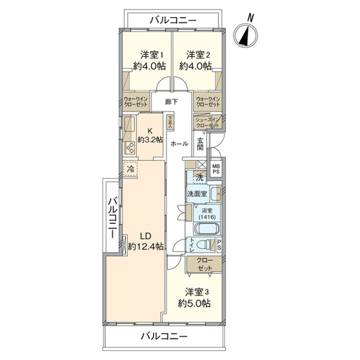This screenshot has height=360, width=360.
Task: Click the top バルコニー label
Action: pyautogui.click(x=172, y=20)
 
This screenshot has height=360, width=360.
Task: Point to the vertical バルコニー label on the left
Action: pyautogui.click(x=112, y=217)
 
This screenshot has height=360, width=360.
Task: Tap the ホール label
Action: pyautogui.click(x=179, y=144)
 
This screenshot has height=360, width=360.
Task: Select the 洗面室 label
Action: pyautogui.click(x=197, y=194)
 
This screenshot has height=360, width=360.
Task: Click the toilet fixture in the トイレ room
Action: pyautogui.click(x=205, y=244)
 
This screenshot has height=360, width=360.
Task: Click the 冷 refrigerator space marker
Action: pyautogui.click(x=130, y=169)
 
